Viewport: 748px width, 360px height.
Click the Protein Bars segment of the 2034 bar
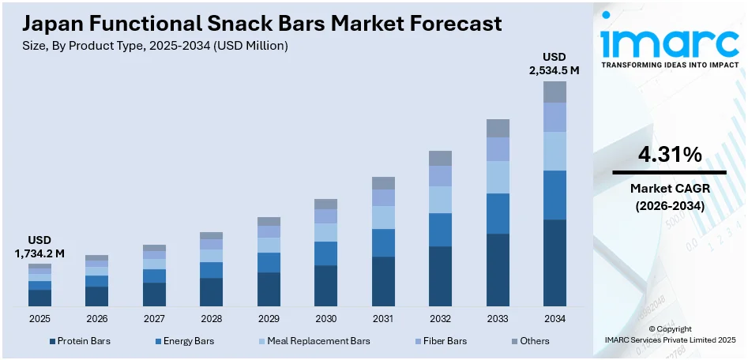coord(554,263)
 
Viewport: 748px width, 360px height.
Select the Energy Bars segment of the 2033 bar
coord(498,213)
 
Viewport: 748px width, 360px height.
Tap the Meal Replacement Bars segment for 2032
coord(440,200)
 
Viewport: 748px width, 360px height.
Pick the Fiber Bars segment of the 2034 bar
coord(554,117)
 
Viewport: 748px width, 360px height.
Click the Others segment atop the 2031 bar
coord(383,183)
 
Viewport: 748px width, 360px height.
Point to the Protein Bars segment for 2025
coord(39,298)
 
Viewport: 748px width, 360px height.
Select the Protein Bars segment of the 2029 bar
coord(269,289)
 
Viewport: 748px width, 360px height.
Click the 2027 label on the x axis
coord(154,319)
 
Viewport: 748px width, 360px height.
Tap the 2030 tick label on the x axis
coord(325,319)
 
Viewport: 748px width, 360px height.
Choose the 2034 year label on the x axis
coord(554,319)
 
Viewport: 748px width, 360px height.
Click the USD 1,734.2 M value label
coord(39,246)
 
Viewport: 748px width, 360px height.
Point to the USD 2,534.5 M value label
coord(554,63)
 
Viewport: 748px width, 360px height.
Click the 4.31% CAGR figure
coord(669,156)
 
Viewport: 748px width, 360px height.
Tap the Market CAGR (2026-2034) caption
coord(669,197)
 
